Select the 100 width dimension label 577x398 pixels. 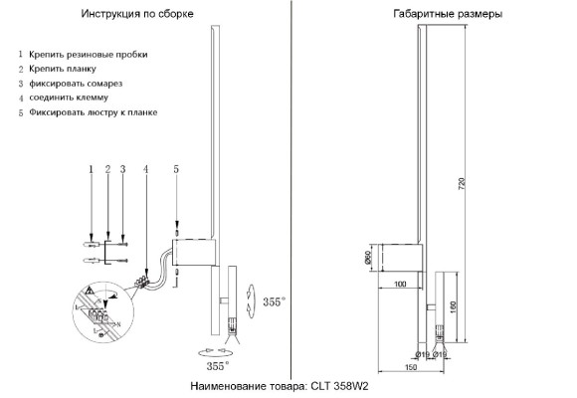coord(400,286)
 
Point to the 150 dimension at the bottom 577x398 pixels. coord(410,368)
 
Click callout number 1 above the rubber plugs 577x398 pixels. coord(91,169)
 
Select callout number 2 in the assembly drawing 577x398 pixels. coord(106,169)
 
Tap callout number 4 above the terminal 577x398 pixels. coord(145,169)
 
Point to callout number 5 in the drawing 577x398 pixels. coord(176,169)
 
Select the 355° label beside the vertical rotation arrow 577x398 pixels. coord(274,299)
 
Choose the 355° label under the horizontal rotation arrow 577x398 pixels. coord(204,366)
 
